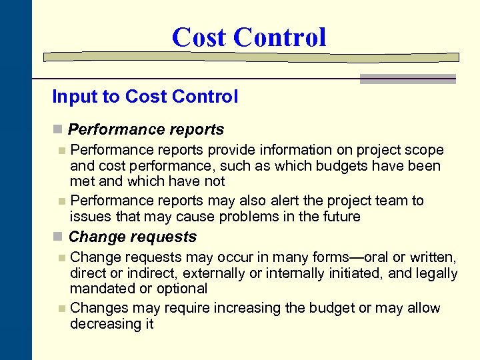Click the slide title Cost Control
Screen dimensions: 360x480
click(249, 37)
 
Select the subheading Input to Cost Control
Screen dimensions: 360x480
click(145, 97)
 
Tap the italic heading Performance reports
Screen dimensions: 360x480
click(146, 129)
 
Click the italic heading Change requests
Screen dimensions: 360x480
click(133, 237)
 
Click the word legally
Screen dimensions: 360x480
click(433, 273)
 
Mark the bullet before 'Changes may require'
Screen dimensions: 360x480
click(62, 309)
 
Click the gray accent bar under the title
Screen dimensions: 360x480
click(408, 79)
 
